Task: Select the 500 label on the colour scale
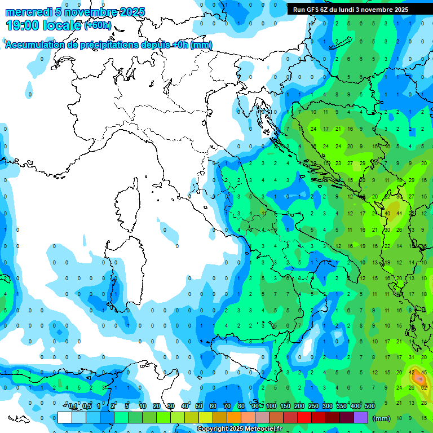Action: point(370,407)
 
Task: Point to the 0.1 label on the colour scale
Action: point(73,407)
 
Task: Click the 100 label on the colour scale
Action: point(271,407)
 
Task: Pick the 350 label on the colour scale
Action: point(342,407)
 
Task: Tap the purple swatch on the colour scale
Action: point(361,418)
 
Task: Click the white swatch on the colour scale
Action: point(65,418)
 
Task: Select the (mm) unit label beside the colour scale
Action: point(382,418)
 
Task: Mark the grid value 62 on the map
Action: point(423,387)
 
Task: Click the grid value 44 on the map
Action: point(399,213)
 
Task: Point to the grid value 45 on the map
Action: point(423,372)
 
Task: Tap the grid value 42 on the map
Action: point(412,372)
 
